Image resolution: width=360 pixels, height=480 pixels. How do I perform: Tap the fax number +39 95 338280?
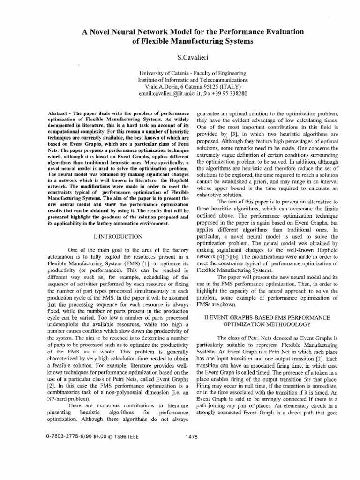point(231,93)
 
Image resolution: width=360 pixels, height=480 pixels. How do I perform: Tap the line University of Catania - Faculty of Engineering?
point(193,73)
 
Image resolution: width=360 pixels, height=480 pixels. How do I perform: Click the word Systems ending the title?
point(238,41)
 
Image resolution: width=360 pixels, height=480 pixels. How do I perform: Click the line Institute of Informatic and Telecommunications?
point(193,80)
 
